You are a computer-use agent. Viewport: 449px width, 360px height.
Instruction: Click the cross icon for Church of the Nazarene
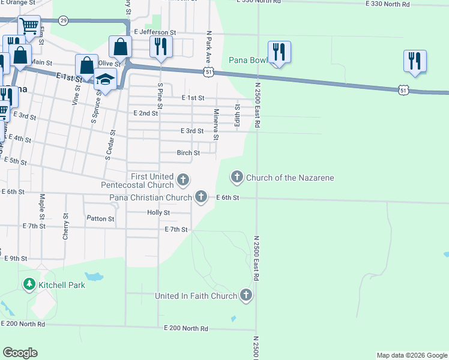pyautogui.click(x=237, y=177)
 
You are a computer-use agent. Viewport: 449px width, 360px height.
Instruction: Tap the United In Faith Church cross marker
pyautogui.click(x=246, y=295)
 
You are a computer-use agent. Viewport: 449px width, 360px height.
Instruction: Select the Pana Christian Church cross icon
pyautogui.click(x=200, y=197)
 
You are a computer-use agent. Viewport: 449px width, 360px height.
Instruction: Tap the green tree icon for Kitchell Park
pyautogui.click(x=29, y=284)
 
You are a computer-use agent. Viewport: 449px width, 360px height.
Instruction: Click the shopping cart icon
pyautogui.click(x=28, y=26)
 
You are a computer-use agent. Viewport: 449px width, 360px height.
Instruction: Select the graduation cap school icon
pyautogui.click(x=105, y=80)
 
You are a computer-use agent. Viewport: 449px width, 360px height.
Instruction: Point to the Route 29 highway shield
pyautogui.click(x=64, y=21)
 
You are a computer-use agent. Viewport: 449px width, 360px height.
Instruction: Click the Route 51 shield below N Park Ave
pyautogui.click(x=208, y=71)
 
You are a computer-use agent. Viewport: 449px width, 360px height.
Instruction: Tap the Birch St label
pyautogui.click(x=188, y=153)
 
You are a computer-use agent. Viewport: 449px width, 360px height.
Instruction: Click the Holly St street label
pyautogui.click(x=158, y=212)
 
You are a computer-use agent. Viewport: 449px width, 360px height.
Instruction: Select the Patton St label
pyautogui.click(x=100, y=219)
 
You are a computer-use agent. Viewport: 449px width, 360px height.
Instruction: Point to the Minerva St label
pyautogui.click(x=216, y=124)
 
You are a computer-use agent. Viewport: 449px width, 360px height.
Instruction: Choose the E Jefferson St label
pyautogui.click(x=155, y=32)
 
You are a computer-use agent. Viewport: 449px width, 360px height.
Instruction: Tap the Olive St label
pyautogui.click(x=109, y=63)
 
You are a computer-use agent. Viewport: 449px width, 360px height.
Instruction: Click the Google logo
pyautogui.click(x=20, y=353)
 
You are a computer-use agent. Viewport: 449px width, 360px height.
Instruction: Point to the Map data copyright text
pyautogui.click(x=411, y=355)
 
